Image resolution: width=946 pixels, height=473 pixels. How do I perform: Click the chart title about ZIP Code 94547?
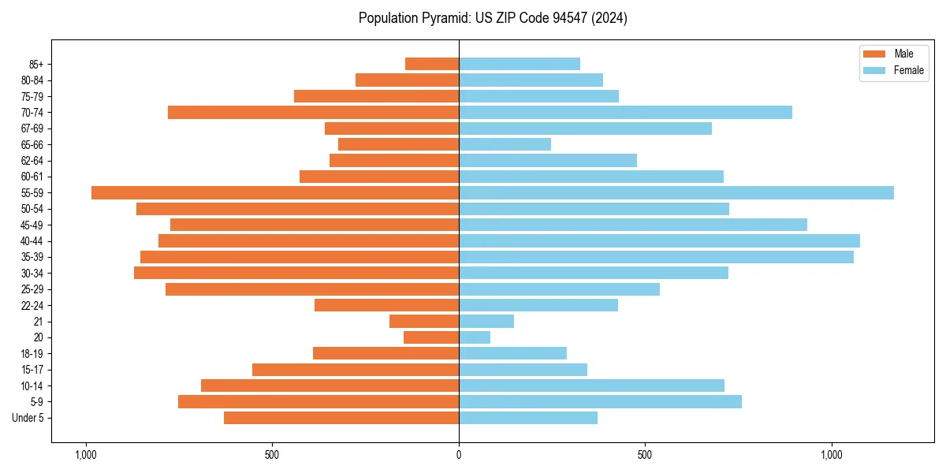click(x=493, y=18)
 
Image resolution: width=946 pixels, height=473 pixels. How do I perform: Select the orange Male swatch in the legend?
click(x=874, y=54)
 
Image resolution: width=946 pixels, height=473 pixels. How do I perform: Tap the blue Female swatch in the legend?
click(x=874, y=70)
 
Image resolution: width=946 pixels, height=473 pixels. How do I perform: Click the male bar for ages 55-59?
click(x=275, y=192)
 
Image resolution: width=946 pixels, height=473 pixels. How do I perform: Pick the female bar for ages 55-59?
click(x=676, y=192)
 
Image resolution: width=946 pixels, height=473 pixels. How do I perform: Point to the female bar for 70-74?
click(x=625, y=112)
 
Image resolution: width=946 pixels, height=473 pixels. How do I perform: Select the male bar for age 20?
click(x=431, y=337)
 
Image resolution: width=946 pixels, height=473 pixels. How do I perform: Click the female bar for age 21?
click(x=486, y=321)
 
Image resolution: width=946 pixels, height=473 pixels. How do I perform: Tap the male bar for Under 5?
click(x=341, y=418)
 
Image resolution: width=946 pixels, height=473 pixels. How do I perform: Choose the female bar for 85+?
click(x=520, y=64)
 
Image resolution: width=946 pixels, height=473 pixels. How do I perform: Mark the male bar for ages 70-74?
click(x=313, y=112)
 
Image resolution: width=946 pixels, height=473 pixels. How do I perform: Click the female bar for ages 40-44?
click(x=659, y=240)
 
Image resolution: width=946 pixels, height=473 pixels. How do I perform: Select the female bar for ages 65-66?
click(x=505, y=144)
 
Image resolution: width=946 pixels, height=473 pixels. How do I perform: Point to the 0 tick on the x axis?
click(x=459, y=455)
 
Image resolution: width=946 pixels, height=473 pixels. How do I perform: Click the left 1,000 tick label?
click(x=85, y=455)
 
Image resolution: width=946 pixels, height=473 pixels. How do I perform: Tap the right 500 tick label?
click(x=645, y=455)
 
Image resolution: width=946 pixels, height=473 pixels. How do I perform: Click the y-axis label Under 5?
click(x=28, y=418)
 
